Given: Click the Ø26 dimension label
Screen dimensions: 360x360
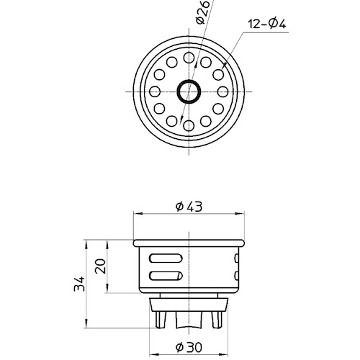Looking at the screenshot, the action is (202, 12).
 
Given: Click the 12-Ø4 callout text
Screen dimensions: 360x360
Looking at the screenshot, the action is (267, 24).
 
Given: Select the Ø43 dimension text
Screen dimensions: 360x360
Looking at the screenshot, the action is (189, 207).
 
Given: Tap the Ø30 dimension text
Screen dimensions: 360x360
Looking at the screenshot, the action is (189, 347).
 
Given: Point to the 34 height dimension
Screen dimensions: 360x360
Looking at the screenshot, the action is (79, 284).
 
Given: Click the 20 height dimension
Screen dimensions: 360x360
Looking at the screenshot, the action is (100, 266).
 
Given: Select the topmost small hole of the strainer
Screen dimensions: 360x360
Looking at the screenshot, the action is (189, 58).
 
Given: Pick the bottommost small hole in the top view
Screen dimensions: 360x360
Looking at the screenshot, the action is (189, 125).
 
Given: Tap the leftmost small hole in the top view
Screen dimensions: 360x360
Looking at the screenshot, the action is (155, 91).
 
